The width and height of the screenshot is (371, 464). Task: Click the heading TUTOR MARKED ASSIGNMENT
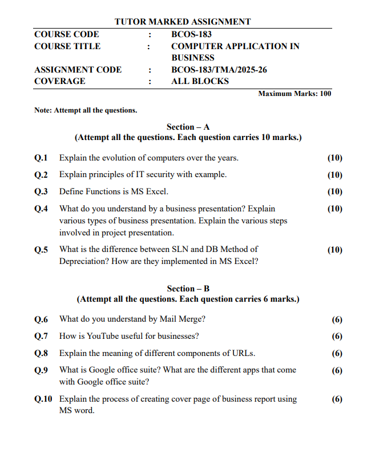coord(183,22)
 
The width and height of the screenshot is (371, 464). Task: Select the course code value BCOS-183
coord(191,34)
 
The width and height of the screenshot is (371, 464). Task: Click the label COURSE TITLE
coord(67,46)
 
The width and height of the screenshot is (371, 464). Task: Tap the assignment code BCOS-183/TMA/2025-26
coord(219,70)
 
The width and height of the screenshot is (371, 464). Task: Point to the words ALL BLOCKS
coord(200,81)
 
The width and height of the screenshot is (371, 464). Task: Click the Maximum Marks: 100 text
coord(295,94)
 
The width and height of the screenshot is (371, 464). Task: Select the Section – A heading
coord(188,127)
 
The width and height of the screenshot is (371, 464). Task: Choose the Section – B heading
coord(188,289)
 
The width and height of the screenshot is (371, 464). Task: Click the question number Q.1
coord(41,158)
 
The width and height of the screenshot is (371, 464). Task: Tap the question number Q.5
coord(41,250)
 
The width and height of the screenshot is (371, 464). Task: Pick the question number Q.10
coord(43,399)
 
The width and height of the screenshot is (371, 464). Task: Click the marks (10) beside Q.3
coord(335,191)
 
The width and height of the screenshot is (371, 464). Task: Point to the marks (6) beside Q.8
coord(337,353)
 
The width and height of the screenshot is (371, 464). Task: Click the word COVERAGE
coord(60,81)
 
